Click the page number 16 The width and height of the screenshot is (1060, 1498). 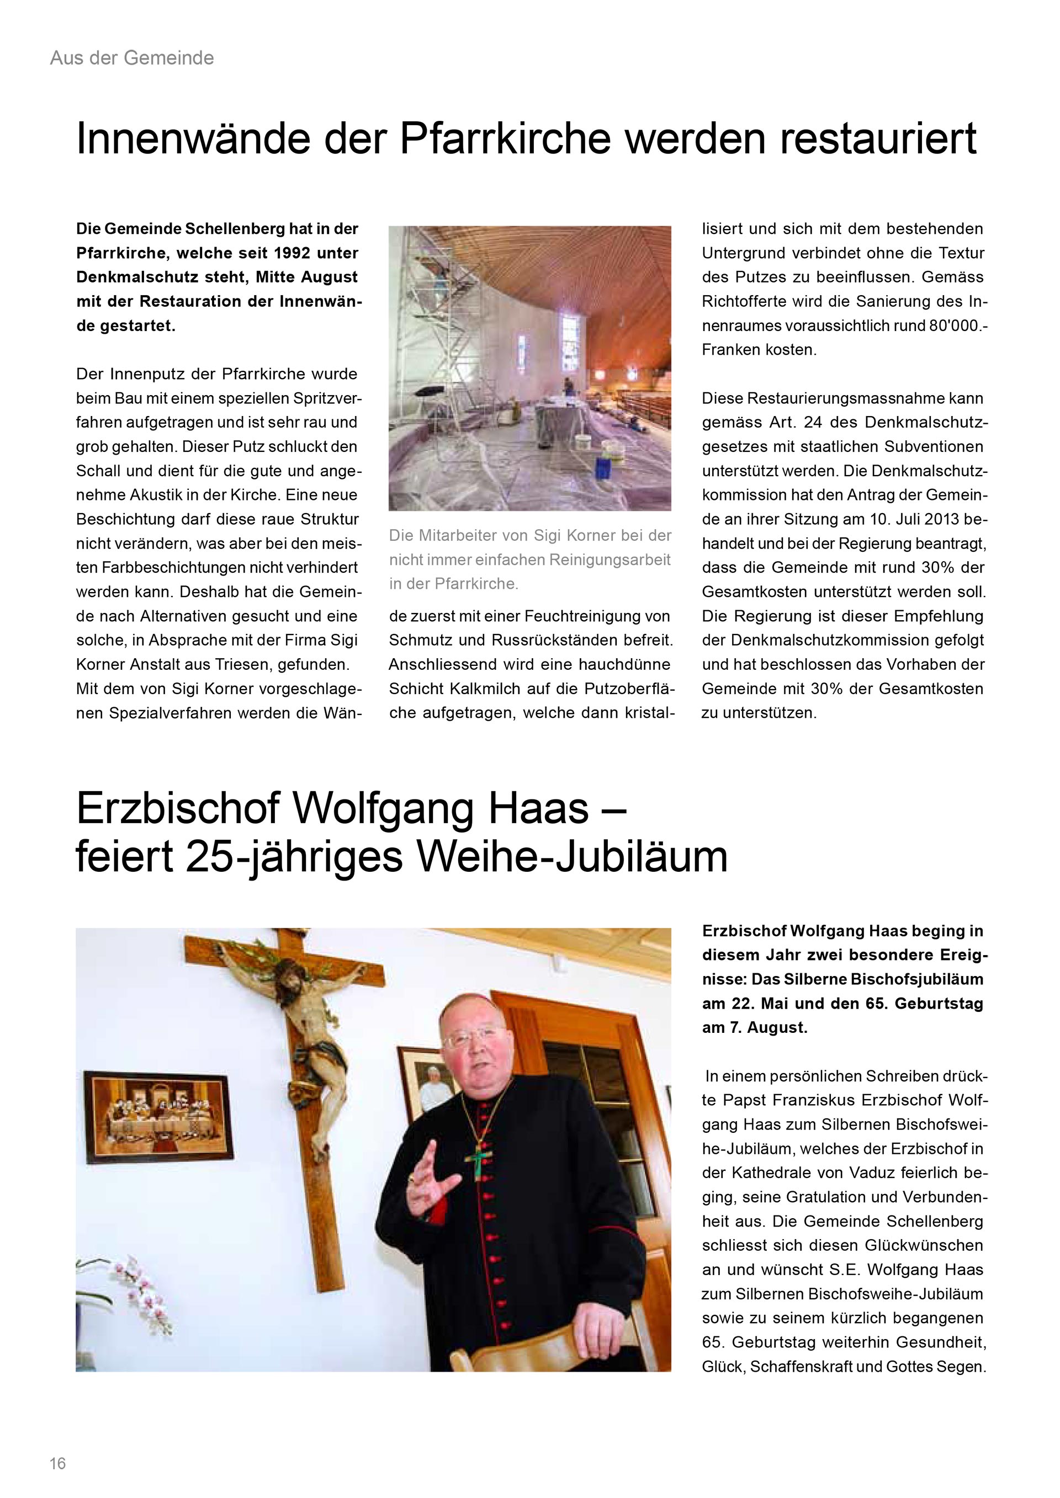coord(57,1463)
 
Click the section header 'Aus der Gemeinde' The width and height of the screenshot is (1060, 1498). coord(132,58)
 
